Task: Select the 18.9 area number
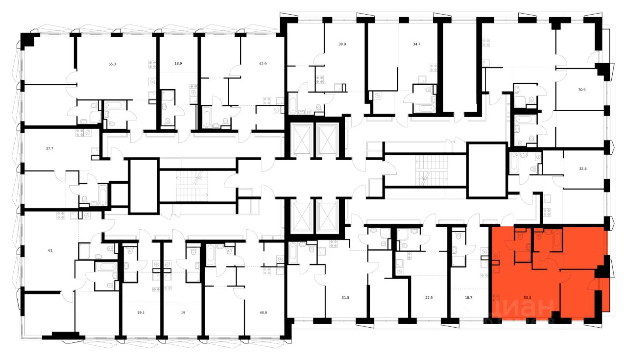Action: pyautogui.click(x=178, y=64)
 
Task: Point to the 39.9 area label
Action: pyautogui.click(x=342, y=44)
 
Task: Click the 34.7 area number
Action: pyautogui.click(x=416, y=44)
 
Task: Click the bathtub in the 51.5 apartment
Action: pyautogui.click(x=292, y=253)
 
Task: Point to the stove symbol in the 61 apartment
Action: pyautogui.click(x=61, y=214)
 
